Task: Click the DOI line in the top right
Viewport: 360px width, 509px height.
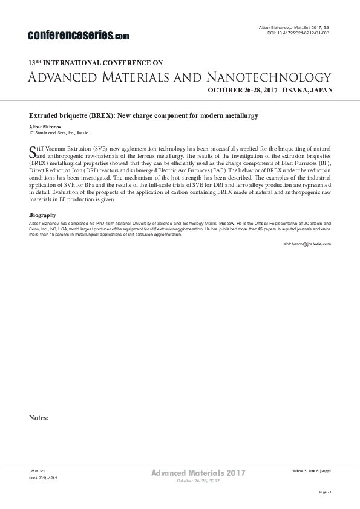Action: [x=298, y=34]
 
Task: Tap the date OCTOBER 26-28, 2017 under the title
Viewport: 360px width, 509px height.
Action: [x=242, y=90]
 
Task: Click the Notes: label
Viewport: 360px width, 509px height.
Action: [x=39, y=417]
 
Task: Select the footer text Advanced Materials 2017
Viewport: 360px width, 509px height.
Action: [x=198, y=473]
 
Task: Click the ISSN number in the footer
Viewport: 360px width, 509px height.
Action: [x=43, y=478]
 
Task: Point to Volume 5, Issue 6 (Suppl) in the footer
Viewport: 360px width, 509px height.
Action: [x=311, y=470]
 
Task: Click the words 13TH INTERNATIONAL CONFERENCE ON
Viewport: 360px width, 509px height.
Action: [x=96, y=62]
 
